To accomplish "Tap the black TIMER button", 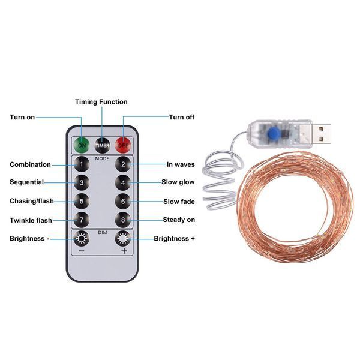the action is click(103, 145).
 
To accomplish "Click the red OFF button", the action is click(123, 145).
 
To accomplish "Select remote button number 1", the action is click(82, 164).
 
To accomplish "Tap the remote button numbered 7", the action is click(82, 220).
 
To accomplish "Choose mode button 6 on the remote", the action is click(123, 202).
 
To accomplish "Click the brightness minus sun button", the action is click(82, 239).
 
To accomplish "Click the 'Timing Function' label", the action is click(101, 102).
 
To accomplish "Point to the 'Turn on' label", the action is click(22, 118).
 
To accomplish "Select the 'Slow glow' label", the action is click(178, 182).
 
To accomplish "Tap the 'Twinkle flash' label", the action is click(31, 220).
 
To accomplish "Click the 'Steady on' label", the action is click(179, 220).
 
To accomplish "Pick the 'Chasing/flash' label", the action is click(32, 201).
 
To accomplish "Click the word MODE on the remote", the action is click(103, 158).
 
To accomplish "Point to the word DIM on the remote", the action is click(103, 233).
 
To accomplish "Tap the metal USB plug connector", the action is click(321, 134).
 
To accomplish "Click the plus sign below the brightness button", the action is click(124, 251).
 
